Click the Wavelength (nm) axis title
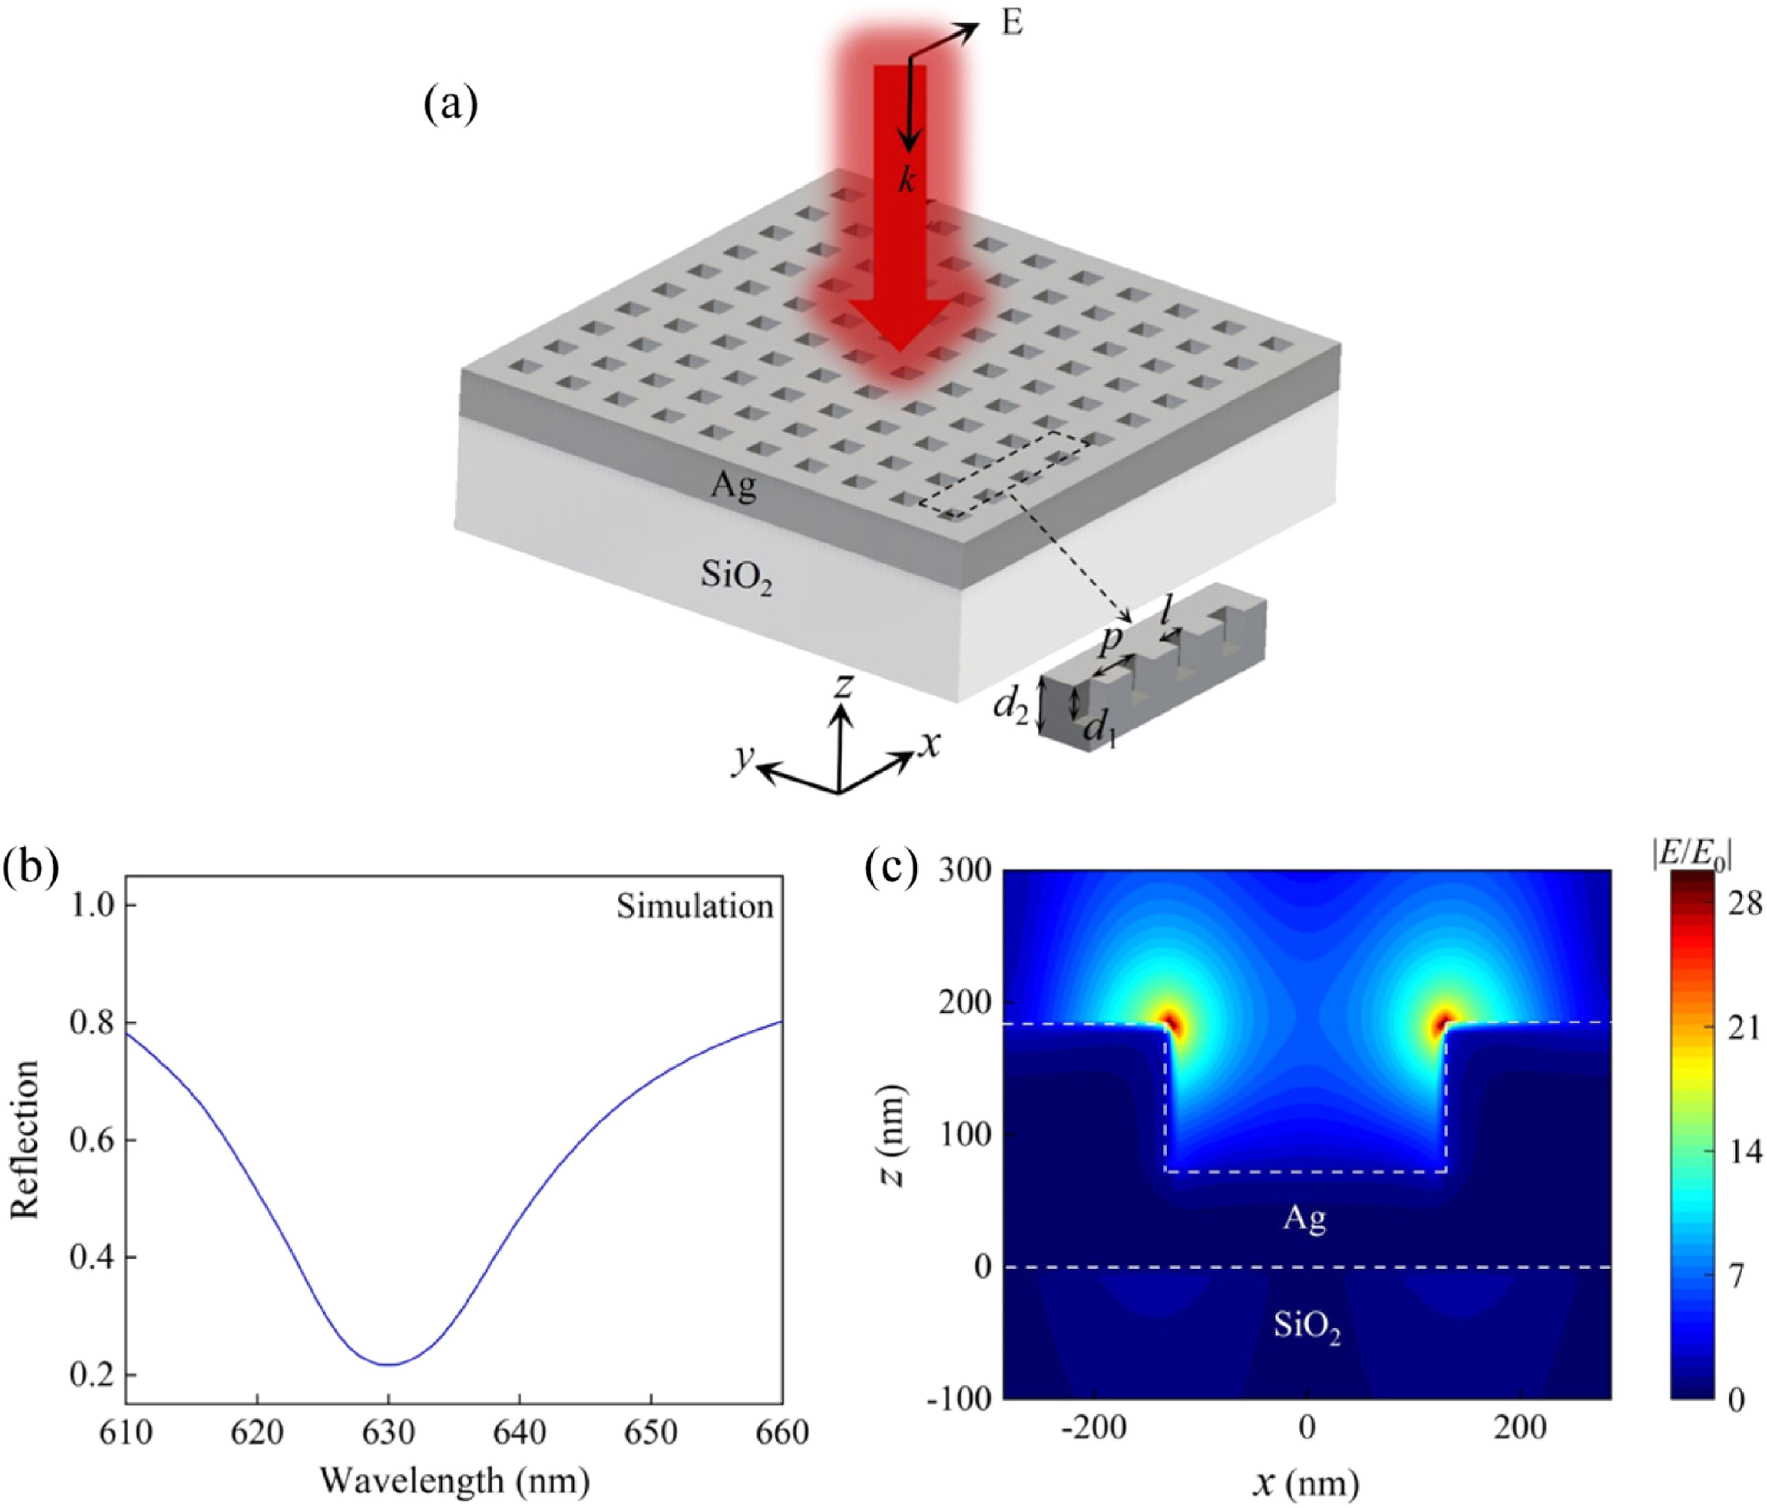click(x=455, y=1481)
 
